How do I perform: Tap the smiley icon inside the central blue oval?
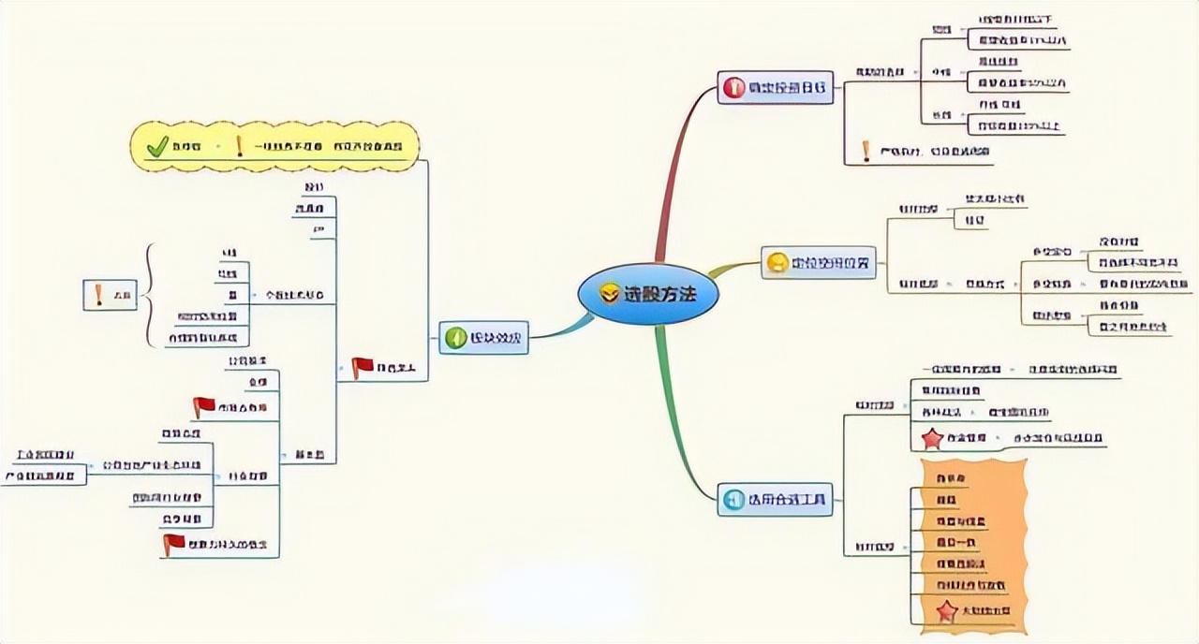[x=610, y=295]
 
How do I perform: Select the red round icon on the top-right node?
[x=733, y=88]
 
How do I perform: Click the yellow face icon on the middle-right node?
[x=777, y=264]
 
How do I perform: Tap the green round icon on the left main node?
[x=455, y=337]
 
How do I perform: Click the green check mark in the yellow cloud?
[x=157, y=146]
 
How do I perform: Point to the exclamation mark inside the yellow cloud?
[x=240, y=146]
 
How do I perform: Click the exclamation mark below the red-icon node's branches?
[x=866, y=151]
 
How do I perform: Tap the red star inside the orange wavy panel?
[x=946, y=611]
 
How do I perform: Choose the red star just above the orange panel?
[x=932, y=438]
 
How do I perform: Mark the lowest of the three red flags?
[x=172, y=544]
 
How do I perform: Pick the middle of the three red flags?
[x=203, y=407]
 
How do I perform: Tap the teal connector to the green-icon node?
[x=562, y=328]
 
